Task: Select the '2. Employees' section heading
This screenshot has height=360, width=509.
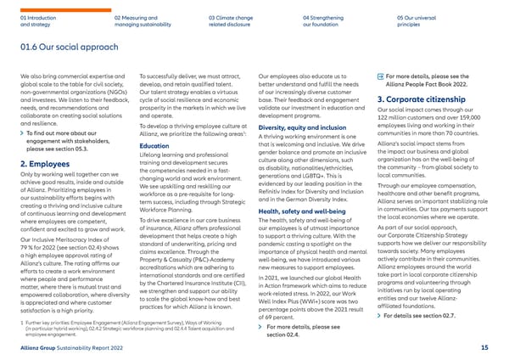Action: point(43,163)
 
